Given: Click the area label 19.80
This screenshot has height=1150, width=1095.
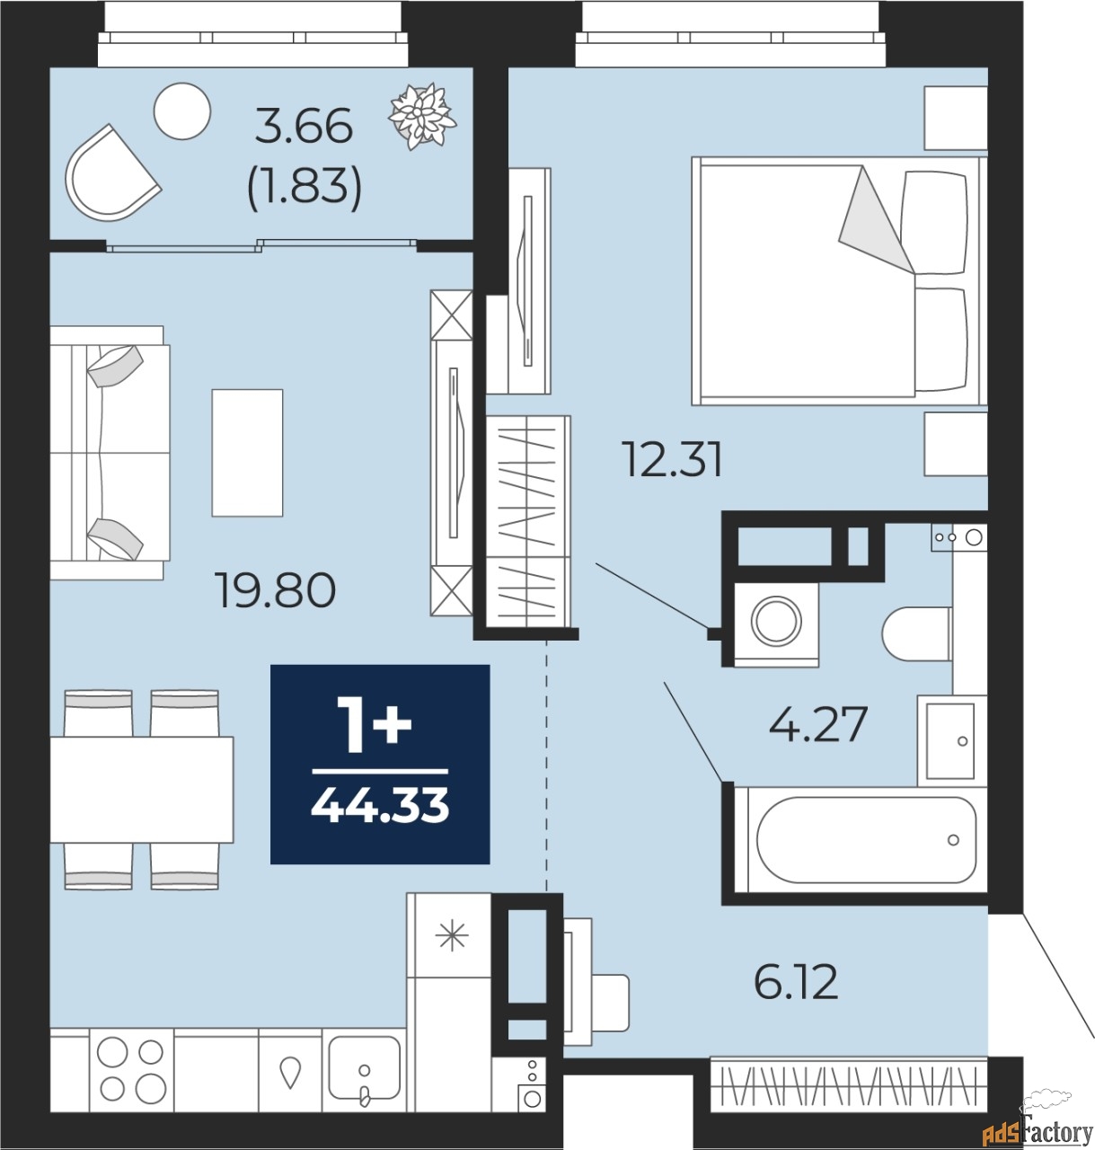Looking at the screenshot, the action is tap(275, 590).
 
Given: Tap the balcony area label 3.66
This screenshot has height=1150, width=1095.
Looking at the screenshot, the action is tap(305, 126).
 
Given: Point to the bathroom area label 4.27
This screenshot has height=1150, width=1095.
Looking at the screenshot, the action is tap(817, 723).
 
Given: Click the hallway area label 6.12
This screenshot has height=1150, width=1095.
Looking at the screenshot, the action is tap(796, 982).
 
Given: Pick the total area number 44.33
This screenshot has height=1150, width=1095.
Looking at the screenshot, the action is tap(380, 806).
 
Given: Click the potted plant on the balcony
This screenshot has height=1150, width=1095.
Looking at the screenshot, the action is tap(422, 115).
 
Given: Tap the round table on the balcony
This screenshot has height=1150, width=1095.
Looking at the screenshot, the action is tap(182, 111).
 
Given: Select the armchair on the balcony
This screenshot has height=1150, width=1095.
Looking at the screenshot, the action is tap(111, 173).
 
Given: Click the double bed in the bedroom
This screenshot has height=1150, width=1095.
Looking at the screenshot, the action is tap(838, 281).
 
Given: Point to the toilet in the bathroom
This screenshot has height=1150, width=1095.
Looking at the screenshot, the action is tap(916, 634).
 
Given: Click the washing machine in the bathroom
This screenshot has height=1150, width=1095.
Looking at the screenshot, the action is tap(776, 622).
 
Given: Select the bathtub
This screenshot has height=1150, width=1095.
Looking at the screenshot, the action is tap(861, 840).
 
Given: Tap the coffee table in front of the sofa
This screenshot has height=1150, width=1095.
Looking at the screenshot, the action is tap(247, 453).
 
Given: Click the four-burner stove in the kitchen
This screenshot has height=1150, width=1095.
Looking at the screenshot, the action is tap(132, 1070).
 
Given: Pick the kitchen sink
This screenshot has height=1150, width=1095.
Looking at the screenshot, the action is tap(364, 1070).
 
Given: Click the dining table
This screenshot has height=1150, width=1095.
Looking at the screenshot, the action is tap(142, 790).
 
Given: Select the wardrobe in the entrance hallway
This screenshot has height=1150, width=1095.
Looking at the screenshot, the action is tap(849, 1085).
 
